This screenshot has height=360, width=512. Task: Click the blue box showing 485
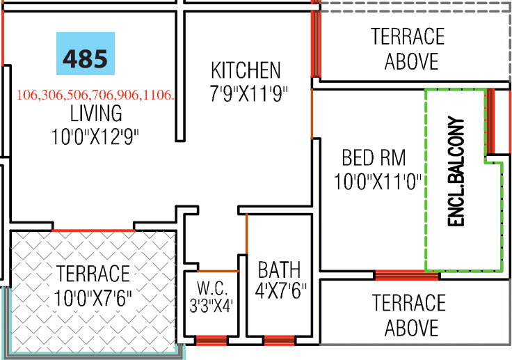pos(85,54)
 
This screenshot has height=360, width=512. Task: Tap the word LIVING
pos(95,113)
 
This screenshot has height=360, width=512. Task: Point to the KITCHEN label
pos(246,70)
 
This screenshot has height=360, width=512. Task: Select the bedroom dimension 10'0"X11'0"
pos(378,182)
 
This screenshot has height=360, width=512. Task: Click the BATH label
pos(279,269)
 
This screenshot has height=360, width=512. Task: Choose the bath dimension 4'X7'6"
pos(282,289)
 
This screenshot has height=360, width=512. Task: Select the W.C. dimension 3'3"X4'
pos(211,305)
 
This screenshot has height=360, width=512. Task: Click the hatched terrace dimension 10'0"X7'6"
pos(93,299)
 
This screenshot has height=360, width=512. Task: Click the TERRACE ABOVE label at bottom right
pos(408,315)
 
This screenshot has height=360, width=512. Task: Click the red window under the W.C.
pos(210,341)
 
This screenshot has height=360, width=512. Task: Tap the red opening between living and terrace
pos(93,229)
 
